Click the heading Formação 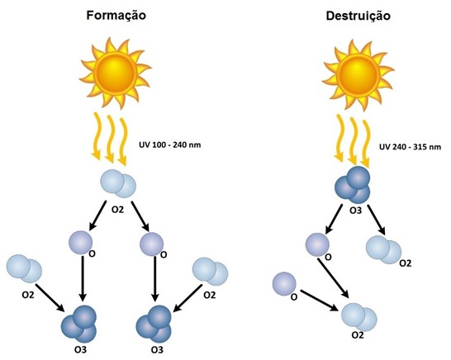[116, 15]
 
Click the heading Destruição [358, 16]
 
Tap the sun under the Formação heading [116, 73]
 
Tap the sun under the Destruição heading [358, 75]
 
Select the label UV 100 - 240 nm [169, 144]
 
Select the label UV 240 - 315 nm [410, 147]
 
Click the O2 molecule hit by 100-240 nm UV [118, 183]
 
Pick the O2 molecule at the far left [24, 268]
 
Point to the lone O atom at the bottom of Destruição [284, 283]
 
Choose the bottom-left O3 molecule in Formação [78, 324]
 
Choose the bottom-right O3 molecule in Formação [154, 324]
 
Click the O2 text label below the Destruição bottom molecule [358, 335]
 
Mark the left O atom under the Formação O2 [81, 243]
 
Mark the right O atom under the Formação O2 [152, 244]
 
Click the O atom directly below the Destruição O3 [317, 244]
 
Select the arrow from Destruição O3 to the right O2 [376, 220]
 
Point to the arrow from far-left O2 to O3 [50, 297]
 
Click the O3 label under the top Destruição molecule [355, 211]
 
